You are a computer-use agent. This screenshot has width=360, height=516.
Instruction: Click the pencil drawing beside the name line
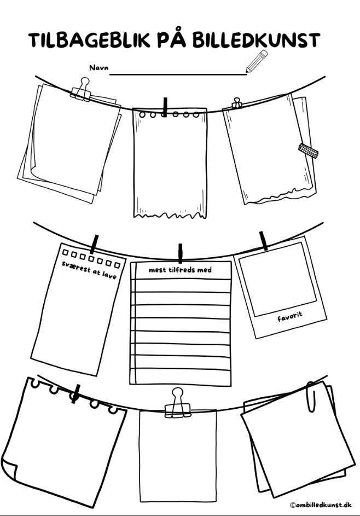point(256,61)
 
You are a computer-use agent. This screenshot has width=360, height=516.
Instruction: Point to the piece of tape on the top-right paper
point(308,149)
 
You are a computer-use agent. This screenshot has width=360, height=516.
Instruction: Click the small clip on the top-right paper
point(237,103)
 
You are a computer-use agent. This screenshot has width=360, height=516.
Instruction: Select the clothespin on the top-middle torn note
point(165,107)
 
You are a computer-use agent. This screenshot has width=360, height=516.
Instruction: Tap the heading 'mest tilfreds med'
point(180,270)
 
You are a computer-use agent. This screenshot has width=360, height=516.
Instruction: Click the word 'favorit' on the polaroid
point(289,316)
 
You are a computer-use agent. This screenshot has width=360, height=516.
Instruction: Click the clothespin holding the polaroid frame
point(264,240)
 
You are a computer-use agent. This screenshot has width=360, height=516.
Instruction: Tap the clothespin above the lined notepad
point(180,253)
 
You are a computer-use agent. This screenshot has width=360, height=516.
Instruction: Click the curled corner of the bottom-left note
point(10,469)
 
